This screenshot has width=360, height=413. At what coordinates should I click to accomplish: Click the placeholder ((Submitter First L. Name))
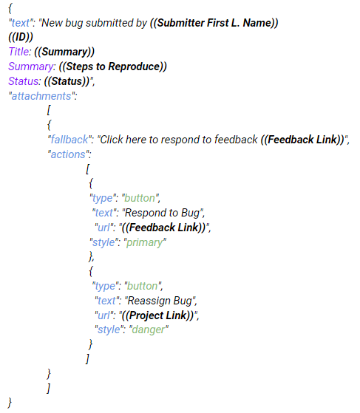pos(214,23)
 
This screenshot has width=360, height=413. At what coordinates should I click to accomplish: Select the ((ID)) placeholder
pos(21,37)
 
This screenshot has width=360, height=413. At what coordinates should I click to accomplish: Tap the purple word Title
pos(18,52)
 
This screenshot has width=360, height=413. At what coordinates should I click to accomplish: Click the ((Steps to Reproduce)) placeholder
pos(113,66)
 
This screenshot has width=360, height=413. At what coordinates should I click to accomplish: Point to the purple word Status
pos(24,81)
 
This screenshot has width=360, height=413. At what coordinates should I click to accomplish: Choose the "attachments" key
pos(41,96)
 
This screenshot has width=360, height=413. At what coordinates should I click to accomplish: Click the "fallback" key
pos(69,140)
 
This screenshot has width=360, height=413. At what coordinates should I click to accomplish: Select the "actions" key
pos(68,154)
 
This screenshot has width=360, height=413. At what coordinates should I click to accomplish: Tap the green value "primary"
pos(145,242)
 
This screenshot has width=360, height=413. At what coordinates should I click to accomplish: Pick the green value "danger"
pos(149,330)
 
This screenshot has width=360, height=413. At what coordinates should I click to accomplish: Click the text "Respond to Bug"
pos(163,213)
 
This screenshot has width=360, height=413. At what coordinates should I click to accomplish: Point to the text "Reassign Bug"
pos(160,301)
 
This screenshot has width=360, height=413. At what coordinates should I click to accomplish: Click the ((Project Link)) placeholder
pos(158,315)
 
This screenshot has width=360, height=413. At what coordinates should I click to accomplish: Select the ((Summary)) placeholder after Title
pos(64,52)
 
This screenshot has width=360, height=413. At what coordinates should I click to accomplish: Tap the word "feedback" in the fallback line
pos(236,140)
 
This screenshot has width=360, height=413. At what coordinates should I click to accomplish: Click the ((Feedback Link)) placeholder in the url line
pos(164,228)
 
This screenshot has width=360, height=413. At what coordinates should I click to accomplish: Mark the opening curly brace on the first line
pos(10,8)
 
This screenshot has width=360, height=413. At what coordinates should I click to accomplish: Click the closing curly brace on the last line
pos(10,403)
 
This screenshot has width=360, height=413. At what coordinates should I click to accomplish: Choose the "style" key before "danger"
pos(108,330)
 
